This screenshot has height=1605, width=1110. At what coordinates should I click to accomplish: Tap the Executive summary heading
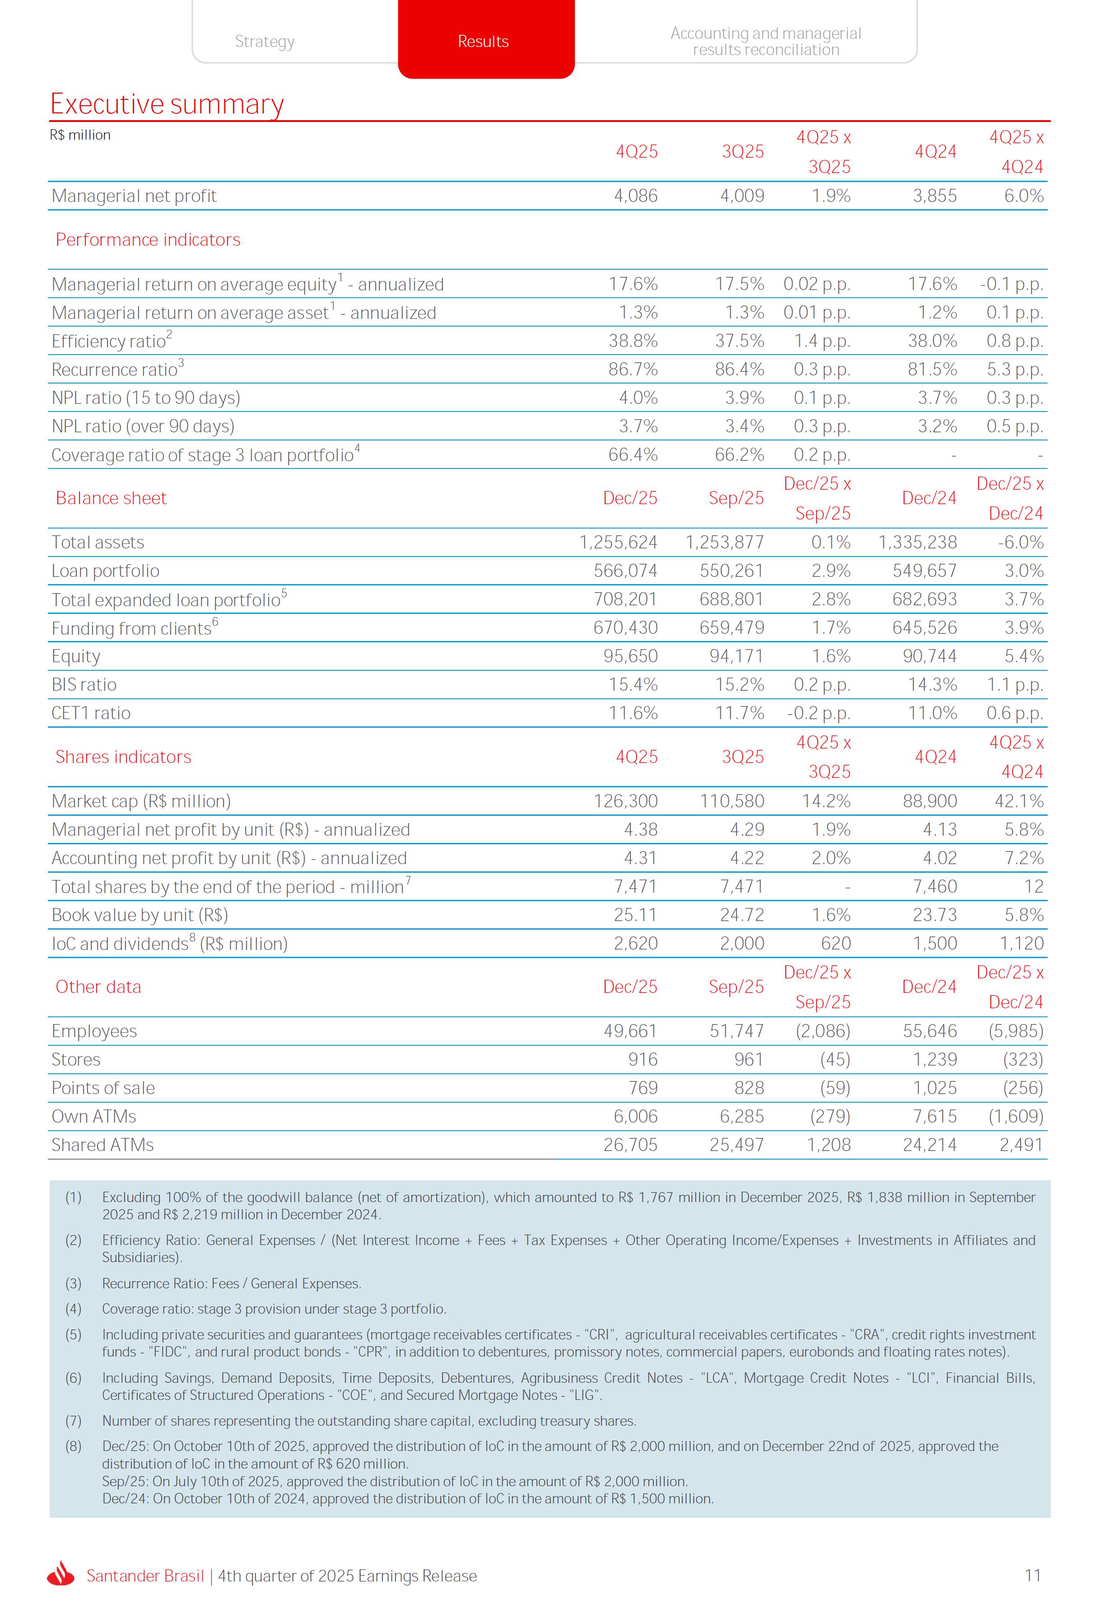(x=167, y=104)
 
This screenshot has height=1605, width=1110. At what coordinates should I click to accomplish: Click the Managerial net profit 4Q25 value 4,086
(x=636, y=196)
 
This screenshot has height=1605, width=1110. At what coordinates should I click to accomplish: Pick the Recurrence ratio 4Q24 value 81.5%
(x=932, y=370)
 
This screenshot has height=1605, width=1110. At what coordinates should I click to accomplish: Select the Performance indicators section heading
(x=148, y=240)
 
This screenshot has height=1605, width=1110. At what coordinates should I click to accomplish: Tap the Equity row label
(x=76, y=657)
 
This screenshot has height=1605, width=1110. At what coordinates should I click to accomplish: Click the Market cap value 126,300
(x=625, y=801)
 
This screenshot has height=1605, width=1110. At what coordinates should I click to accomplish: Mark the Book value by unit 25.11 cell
(x=635, y=916)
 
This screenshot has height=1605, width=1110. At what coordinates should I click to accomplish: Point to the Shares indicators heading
(x=123, y=757)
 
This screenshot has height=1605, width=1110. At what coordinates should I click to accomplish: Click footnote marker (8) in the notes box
(x=73, y=1446)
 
